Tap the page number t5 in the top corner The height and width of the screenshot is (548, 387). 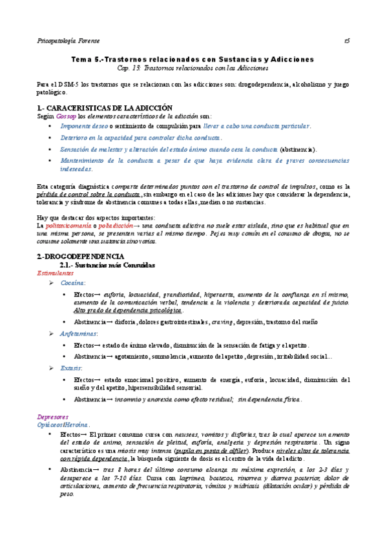[x=347, y=40]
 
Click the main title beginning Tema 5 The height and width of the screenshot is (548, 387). [x=193, y=59]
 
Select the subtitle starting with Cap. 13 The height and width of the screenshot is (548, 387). [x=193, y=68]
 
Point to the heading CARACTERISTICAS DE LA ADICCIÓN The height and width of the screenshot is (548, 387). [x=111, y=107]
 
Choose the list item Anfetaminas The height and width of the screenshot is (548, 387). [x=80, y=333]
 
